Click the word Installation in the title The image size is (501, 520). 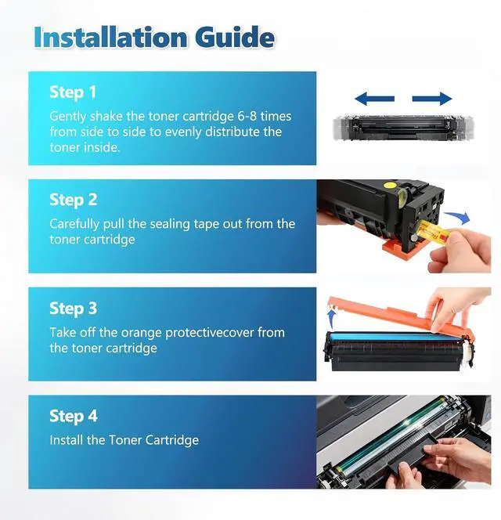coord(110,37)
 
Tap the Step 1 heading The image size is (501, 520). coord(73,92)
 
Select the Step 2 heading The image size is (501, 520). coord(74,200)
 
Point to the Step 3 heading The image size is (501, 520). coord(74,308)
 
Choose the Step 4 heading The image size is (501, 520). coord(74,416)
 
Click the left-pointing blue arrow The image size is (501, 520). coord(374,99)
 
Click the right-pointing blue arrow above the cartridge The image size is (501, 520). coord(432,99)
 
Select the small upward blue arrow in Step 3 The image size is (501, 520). coord(330,319)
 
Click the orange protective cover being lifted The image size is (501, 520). coord(402,319)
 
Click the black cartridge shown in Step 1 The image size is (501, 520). coord(403,128)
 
